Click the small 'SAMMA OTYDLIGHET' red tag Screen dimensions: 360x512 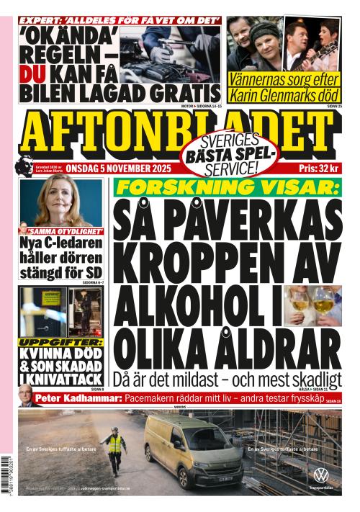(x=62, y=232)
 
